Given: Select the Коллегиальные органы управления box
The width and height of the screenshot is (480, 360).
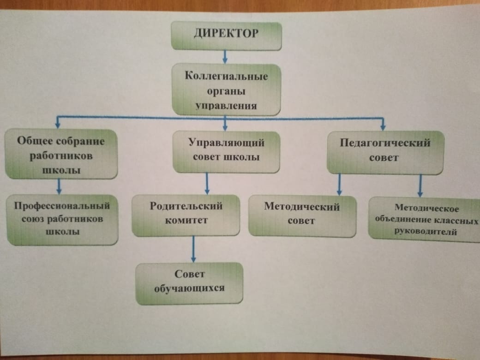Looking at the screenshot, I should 226,90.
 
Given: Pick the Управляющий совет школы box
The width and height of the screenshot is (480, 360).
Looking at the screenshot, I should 226,151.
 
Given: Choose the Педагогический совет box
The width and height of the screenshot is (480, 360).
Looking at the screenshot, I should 385,152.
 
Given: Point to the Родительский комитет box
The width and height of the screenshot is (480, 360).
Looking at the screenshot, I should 186,215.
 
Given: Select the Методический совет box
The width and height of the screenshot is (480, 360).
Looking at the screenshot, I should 302,215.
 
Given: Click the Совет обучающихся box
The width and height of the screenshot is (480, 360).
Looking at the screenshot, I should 189,283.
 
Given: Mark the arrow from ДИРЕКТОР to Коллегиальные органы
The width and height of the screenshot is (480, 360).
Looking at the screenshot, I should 225,57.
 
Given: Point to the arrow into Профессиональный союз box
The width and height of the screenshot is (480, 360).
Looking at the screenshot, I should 59,186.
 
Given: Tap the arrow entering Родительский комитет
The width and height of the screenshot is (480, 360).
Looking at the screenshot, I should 207,183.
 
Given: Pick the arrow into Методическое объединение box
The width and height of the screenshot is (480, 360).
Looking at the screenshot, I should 420,186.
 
